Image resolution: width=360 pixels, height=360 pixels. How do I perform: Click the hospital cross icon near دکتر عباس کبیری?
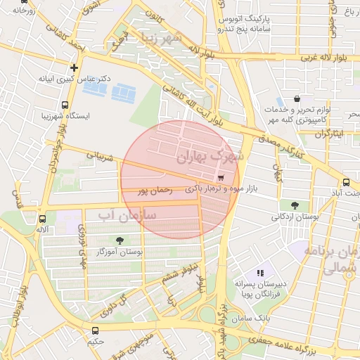coord(74,67)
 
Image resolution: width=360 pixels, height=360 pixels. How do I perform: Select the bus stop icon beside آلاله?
coord(45,219)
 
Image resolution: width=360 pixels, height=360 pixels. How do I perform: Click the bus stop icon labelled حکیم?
coord(96,330)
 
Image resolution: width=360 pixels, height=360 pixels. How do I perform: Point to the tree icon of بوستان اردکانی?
coord(295,205)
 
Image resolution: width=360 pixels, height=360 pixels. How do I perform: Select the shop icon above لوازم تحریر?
coord(296,99)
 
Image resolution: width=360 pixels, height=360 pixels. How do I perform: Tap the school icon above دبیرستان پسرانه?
coord(259,272)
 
